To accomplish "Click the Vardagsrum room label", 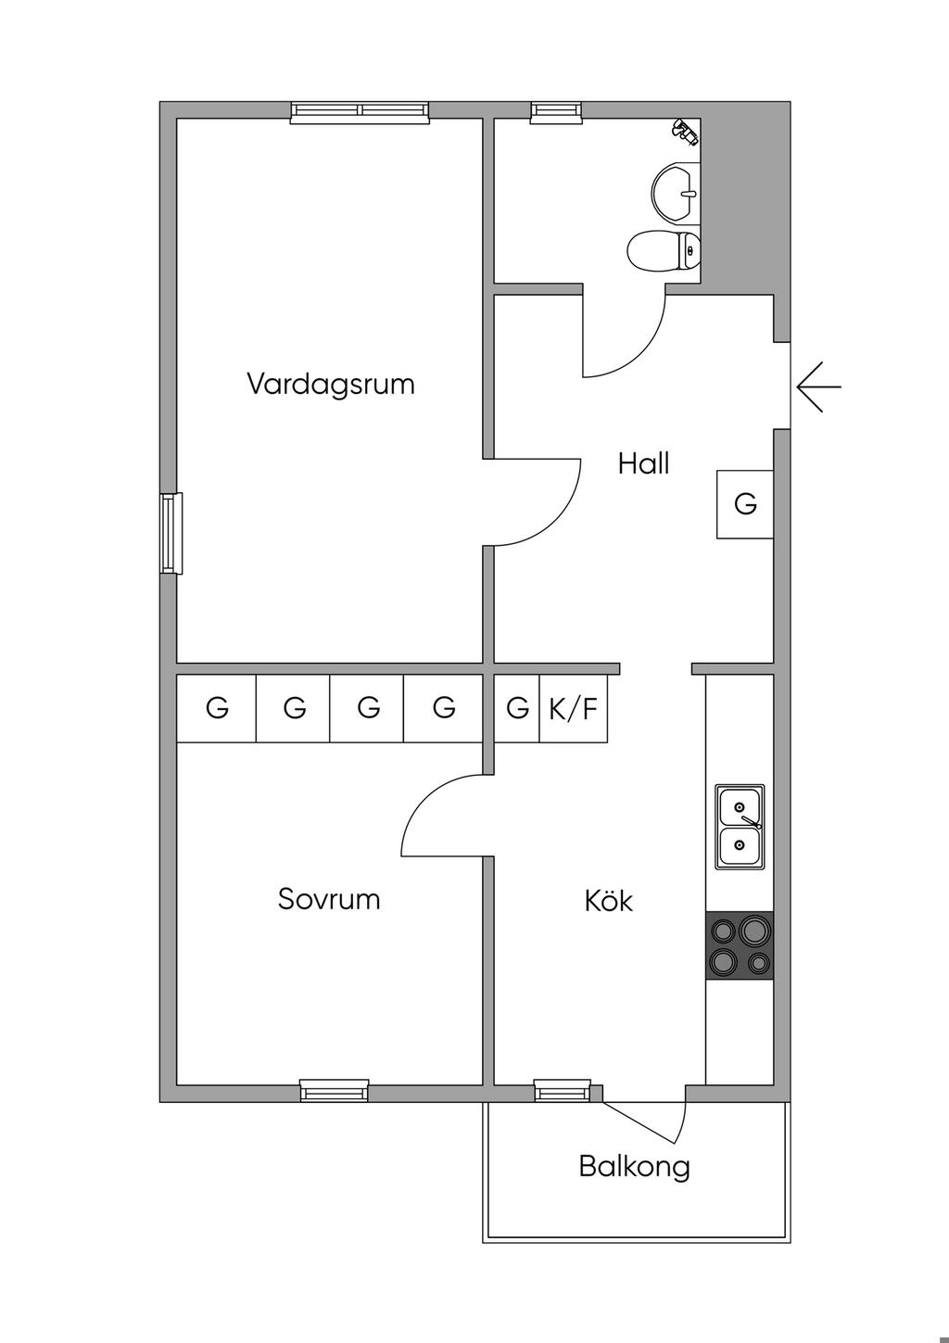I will click(331, 384).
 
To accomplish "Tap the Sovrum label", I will click(329, 899).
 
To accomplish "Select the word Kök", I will click(609, 900).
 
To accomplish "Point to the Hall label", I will click(643, 463).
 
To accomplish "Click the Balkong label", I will click(635, 1166).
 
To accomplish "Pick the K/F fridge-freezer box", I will click(574, 709).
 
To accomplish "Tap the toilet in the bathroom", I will click(664, 250).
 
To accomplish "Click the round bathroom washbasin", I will click(676, 193).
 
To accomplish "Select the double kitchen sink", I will click(740, 826).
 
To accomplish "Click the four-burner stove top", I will click(740, 945).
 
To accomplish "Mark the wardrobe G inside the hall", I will click(745, 504).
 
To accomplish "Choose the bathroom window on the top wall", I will click(557, 111).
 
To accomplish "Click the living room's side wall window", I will click(171, 533).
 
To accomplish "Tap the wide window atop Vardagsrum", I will click(361, 111).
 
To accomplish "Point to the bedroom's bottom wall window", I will click(335, 1091).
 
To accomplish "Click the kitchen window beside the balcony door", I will click(563, 1091).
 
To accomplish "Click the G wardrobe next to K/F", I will click(517, 709).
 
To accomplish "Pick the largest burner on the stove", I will click(753, 928).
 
